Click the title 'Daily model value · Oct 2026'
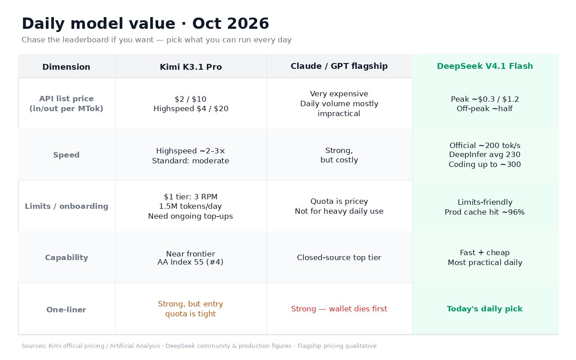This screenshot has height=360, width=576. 145,23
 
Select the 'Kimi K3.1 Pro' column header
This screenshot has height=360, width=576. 191,67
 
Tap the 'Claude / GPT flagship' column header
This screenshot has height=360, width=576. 339,66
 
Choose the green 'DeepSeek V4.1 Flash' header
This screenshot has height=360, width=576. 485,66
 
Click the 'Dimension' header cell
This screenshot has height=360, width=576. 66,67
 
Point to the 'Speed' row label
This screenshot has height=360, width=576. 66,155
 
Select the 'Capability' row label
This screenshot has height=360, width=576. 67,257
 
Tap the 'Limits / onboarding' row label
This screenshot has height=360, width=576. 67,206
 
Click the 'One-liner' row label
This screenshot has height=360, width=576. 66,310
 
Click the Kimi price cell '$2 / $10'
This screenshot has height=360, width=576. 190,99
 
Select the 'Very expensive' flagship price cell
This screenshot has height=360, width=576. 339,103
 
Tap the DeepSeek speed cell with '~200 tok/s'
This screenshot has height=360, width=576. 485,155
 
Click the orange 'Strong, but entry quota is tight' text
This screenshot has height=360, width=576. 190,309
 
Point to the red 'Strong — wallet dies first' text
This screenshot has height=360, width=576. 339,309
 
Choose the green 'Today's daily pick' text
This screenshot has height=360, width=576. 485,309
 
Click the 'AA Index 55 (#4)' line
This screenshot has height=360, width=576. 190,262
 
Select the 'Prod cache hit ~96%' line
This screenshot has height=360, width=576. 485,212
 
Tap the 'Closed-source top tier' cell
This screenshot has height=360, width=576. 339,257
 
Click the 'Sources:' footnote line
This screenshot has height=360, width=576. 199,346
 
